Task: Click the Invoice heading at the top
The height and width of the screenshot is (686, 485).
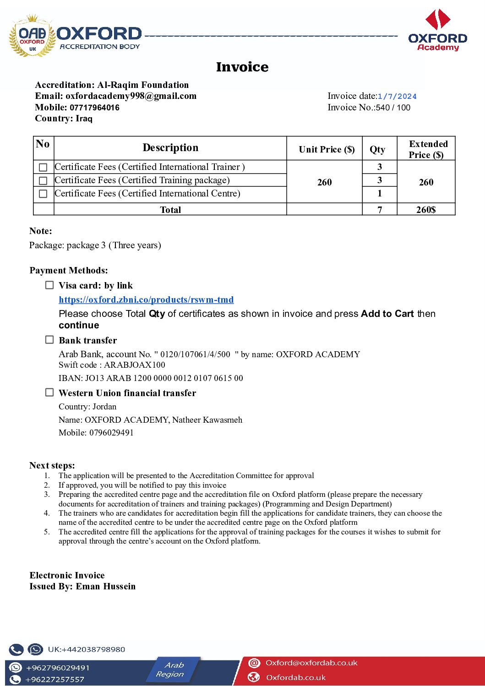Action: click(x=242, y=67)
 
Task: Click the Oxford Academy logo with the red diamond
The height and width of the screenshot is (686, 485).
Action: click(x=438, y=30)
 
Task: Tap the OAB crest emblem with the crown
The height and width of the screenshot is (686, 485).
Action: click(x=32, y=37)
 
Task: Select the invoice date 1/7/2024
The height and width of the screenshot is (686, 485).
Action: click(x=397, y=96)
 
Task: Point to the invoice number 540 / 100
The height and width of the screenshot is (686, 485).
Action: click(x=393, y=108)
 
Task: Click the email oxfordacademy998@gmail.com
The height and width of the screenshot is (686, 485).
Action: click(x=131, y=96)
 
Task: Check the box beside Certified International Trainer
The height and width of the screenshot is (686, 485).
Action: click(x=43, y=167)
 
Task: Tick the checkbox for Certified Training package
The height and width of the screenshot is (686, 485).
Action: click(x=43, y=180)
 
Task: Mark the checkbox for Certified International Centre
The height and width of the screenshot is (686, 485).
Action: click(x=43, y=194)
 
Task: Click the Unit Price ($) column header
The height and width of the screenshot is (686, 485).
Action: click(x=327, y=149)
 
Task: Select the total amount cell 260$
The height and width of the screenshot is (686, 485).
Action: click(x=426, y=210)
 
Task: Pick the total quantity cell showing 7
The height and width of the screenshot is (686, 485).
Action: click(x=380, y=210)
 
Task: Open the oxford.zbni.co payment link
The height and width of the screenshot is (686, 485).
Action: click(x=146, y=299)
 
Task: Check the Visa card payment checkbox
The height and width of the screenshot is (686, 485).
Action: click(x=49, y=285)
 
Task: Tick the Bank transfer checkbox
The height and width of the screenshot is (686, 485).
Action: click(x=49, y=339)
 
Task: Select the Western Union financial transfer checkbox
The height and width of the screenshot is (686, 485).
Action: click(x=49, y=392)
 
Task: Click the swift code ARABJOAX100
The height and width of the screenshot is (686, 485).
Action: click(x=135, y=365)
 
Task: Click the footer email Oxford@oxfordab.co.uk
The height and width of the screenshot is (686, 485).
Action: click(x=311, y=663)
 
